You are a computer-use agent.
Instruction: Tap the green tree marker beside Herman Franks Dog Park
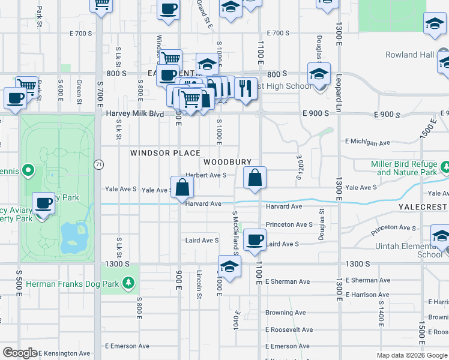(127, 282)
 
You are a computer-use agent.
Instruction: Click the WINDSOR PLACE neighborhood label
(165, 153)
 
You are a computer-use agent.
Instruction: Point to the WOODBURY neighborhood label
(227, 162)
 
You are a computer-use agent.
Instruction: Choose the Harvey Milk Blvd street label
(134, 113)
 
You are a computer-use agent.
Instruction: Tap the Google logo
(19, 353)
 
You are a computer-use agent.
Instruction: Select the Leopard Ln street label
(339, 97)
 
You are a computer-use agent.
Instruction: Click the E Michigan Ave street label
(367, 142)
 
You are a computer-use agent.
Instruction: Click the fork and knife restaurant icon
(246, 89)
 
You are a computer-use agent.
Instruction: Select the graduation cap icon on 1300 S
(229, 266)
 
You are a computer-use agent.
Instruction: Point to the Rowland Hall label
(410, 55)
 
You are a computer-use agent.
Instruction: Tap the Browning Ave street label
(286, 313)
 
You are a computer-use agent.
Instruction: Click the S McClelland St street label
(236, 233)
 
